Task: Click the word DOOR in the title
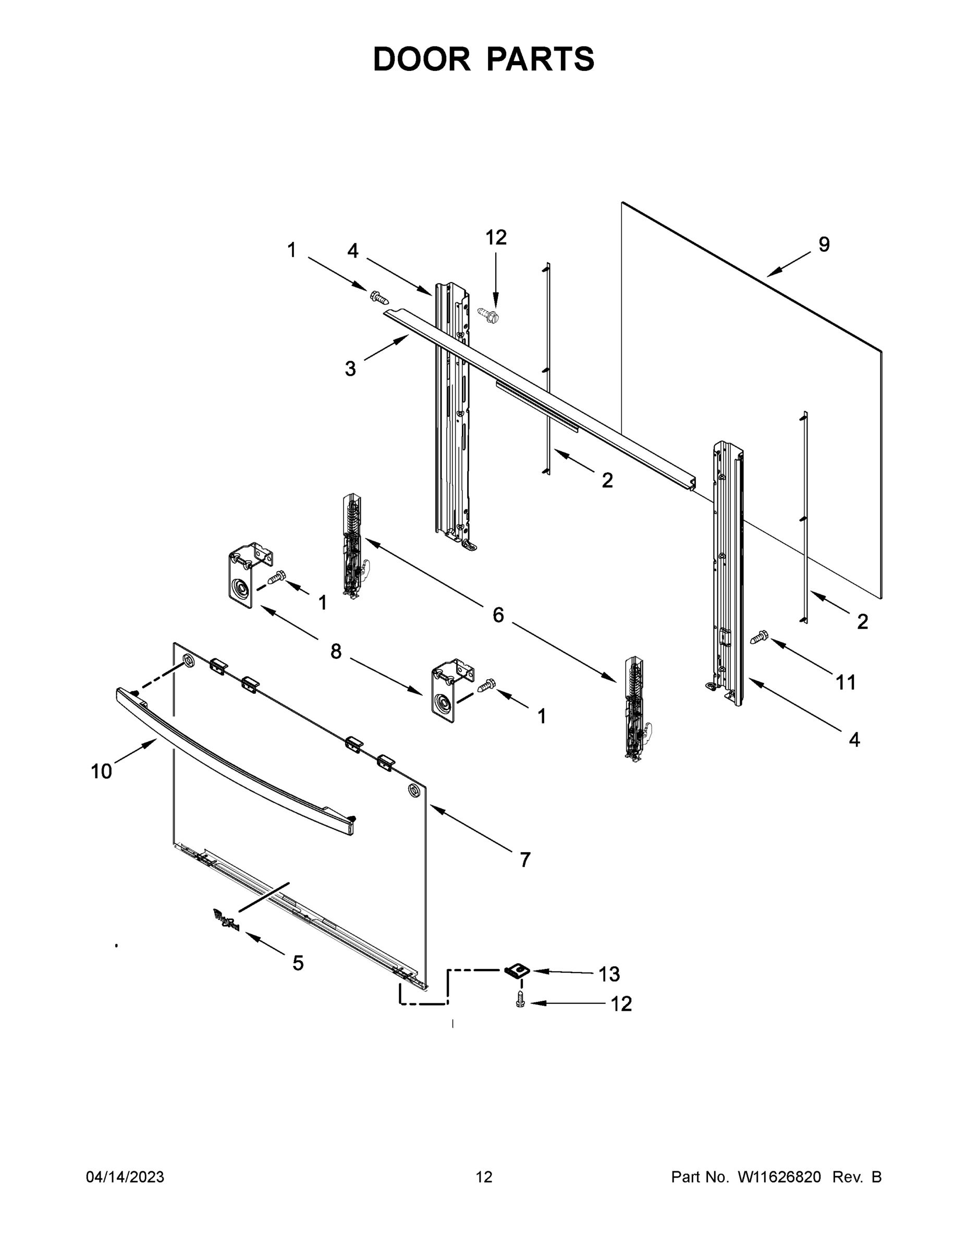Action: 421,59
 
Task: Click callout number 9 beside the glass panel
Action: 823,244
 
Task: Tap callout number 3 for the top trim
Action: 350,369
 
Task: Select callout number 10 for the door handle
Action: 102,771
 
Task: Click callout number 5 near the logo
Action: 298,963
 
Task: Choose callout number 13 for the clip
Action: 609,974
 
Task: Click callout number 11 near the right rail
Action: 846,682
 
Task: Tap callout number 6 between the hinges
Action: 498,615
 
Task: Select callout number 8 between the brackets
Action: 336,651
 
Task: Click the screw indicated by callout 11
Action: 760,637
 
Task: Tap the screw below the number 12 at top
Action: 487,313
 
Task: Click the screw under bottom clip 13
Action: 520,1000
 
